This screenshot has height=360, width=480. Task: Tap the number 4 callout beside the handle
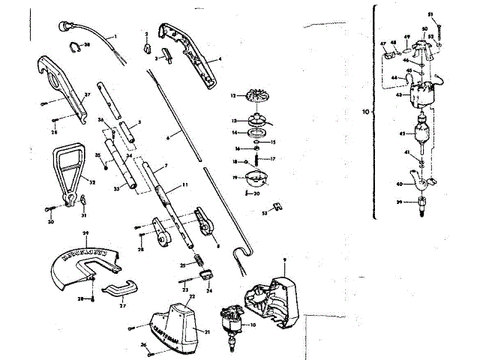tap(220, 58)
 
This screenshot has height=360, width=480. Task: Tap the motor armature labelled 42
tap(418, 136)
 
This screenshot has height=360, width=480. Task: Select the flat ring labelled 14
tap(248, 133)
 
